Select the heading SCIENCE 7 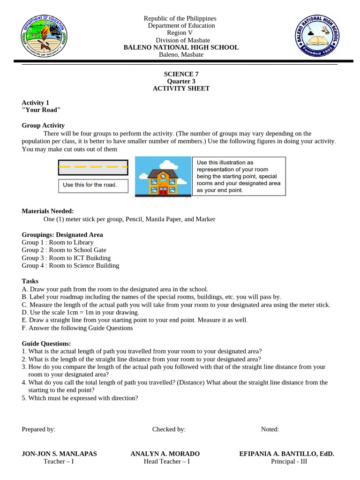click(178, 74)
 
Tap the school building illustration click(163, 176)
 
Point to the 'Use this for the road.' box click(93, 185)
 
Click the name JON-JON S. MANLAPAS click(59, 454)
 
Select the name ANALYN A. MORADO click(165, 454)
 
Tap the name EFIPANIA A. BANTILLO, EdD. click(286, 454)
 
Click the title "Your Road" click(41, 110)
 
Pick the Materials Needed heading click(48, 211)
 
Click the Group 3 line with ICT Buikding click(66, 258)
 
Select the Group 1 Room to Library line click(58, 242)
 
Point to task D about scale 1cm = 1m click(80, 312)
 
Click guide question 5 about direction click(80, 398)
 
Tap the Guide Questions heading click(46, 344)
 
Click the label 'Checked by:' click(169, 429)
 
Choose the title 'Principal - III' click(289, 461)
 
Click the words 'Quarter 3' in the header click(178, 81)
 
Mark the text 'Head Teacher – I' click(166, 461)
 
